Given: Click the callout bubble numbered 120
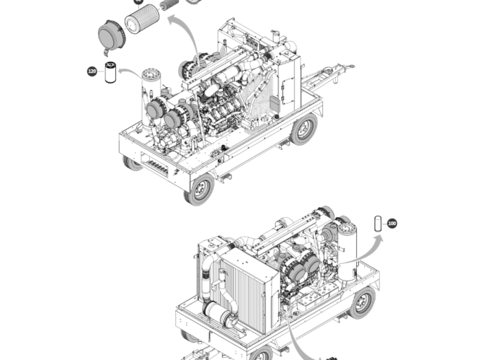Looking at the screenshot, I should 92,71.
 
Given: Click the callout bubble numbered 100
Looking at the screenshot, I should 392,224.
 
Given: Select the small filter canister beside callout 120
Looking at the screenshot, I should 110,72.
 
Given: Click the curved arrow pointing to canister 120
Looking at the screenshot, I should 133,72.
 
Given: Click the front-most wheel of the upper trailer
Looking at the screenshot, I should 199,189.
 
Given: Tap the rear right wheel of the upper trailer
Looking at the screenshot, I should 303,130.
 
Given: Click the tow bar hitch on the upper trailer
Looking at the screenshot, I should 339,71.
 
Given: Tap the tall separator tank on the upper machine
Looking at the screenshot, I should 151,94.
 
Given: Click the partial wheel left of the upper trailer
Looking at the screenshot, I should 132,163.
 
